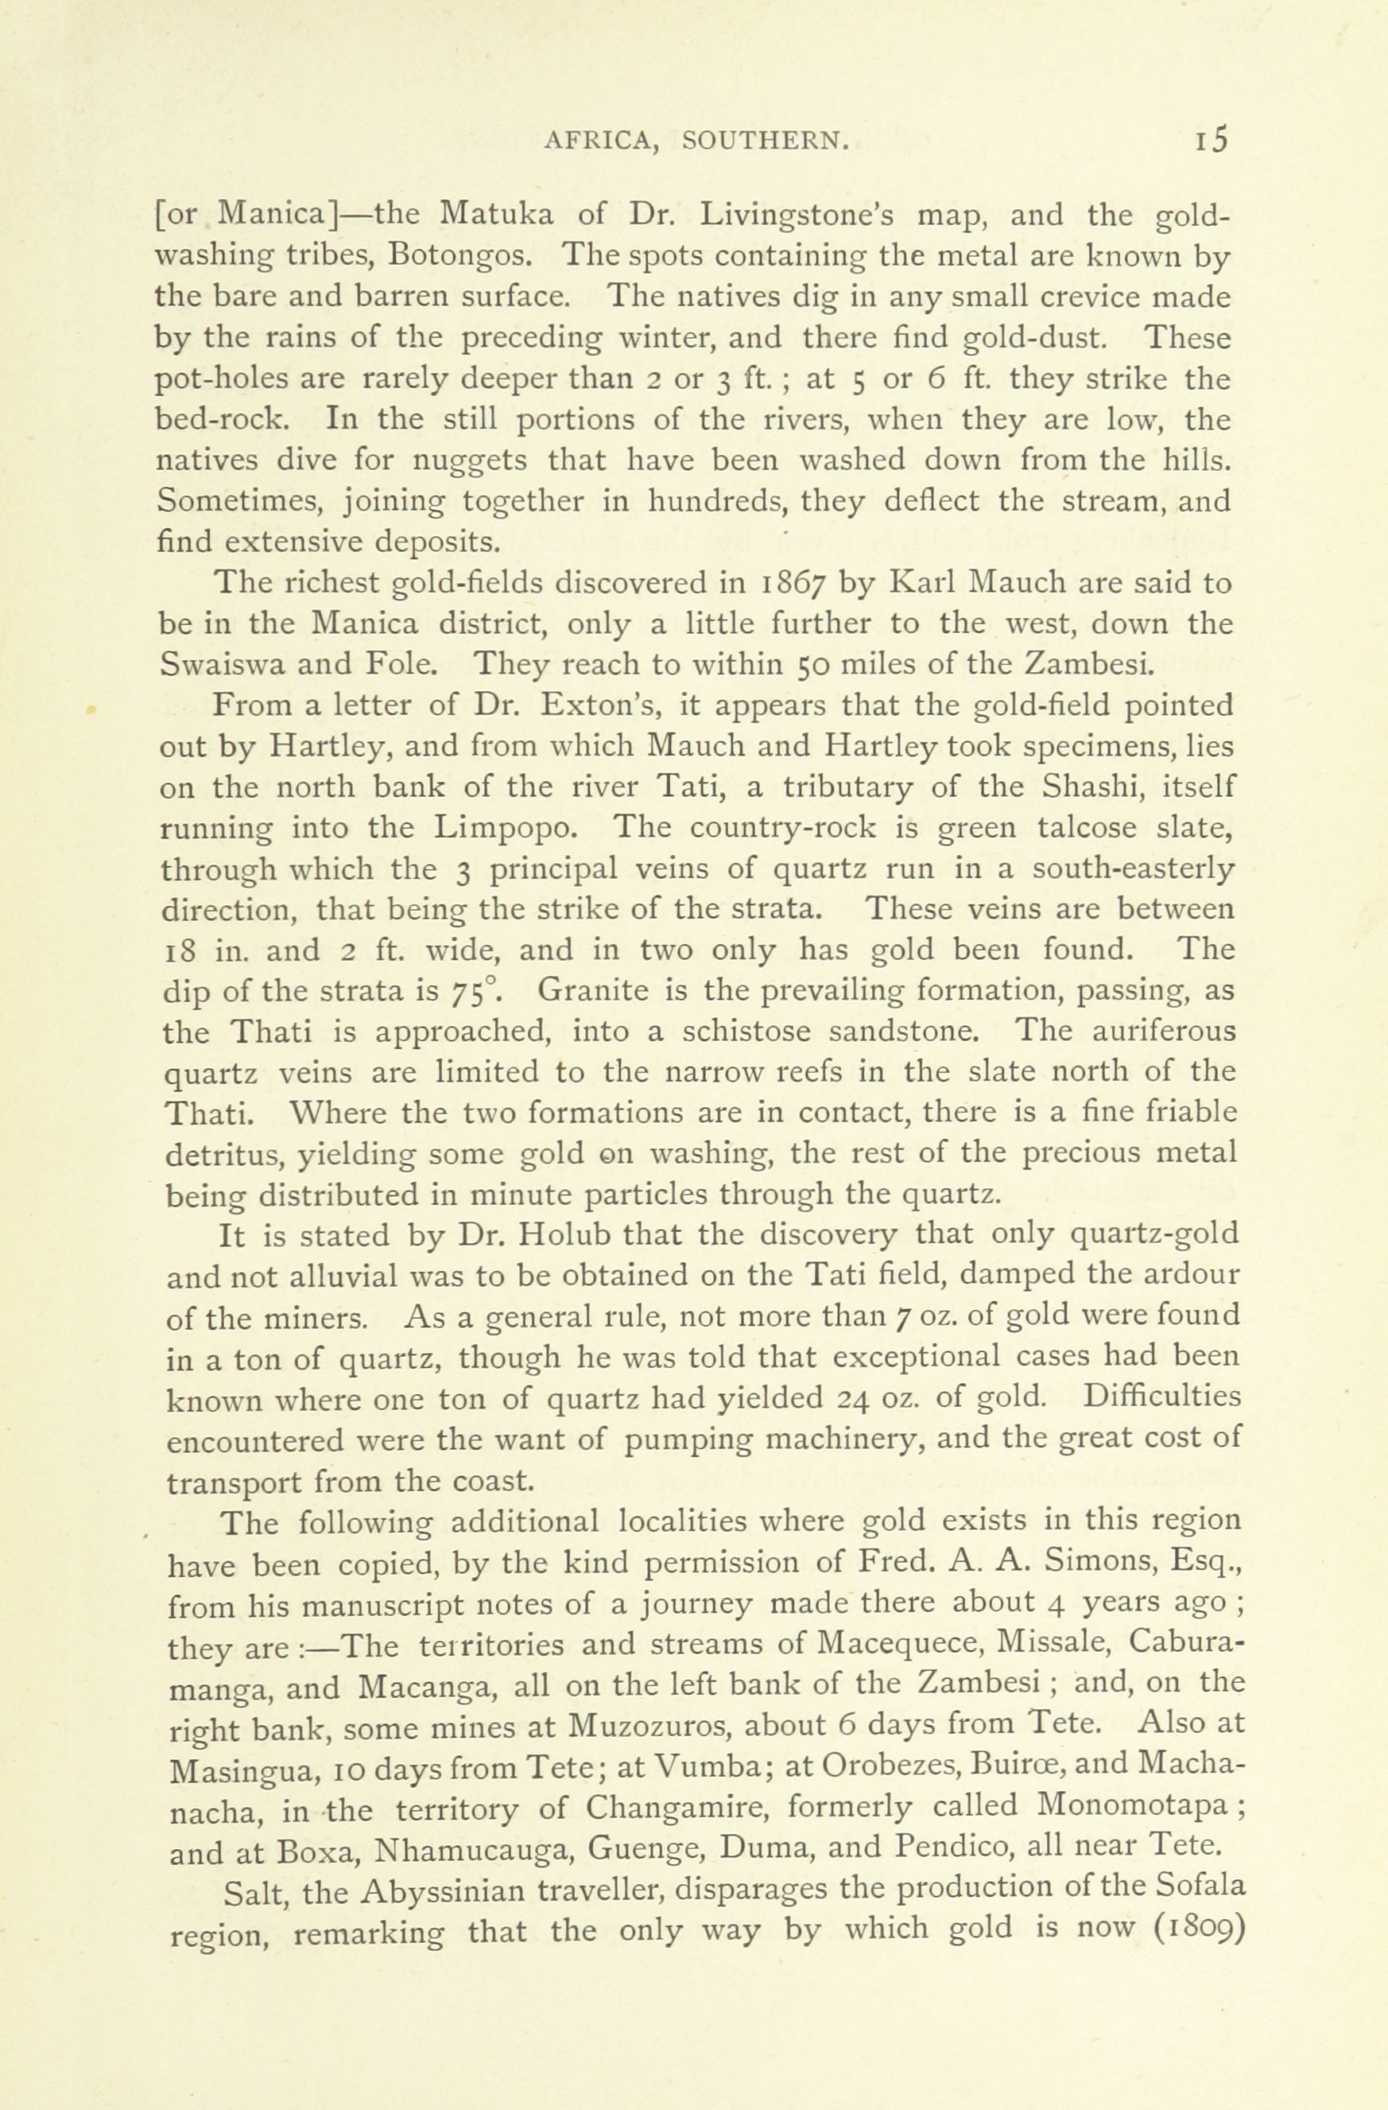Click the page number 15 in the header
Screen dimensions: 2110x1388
coord(1211,139)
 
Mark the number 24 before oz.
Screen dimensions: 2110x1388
coord(855,1398)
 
